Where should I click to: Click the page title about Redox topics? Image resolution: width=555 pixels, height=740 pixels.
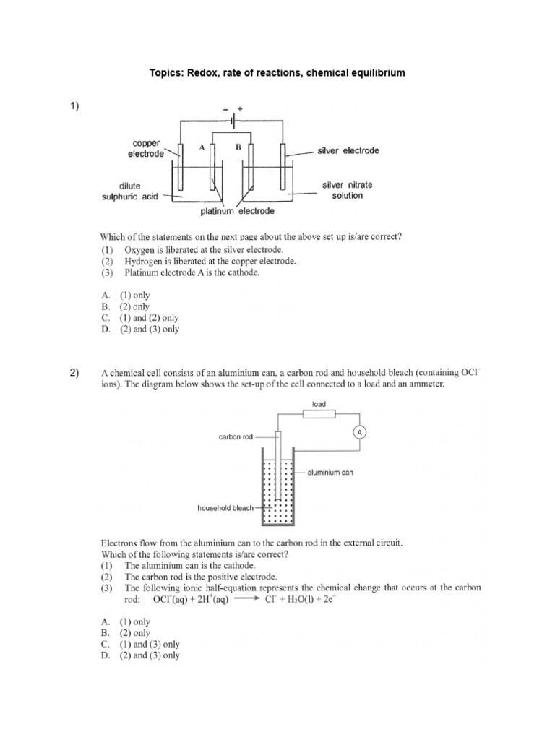tap(277, 73)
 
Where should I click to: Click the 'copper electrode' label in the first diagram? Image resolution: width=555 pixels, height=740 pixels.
tap(143, 150)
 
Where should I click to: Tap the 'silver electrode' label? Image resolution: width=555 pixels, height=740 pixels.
tap(348, 151)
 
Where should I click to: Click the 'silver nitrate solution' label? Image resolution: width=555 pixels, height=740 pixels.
tap(343, 190)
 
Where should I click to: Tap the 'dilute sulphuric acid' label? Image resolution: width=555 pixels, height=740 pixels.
tap(132, 190)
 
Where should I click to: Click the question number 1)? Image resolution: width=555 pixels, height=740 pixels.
tap(75, 107)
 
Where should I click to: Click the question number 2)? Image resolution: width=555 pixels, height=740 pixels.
tap(75, 373)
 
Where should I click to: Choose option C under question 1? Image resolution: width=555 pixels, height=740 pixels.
tap(140, 318)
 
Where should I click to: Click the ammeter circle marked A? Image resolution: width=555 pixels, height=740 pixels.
tap(359, 432)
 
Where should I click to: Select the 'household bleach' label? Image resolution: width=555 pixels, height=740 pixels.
tap(226, 507)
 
